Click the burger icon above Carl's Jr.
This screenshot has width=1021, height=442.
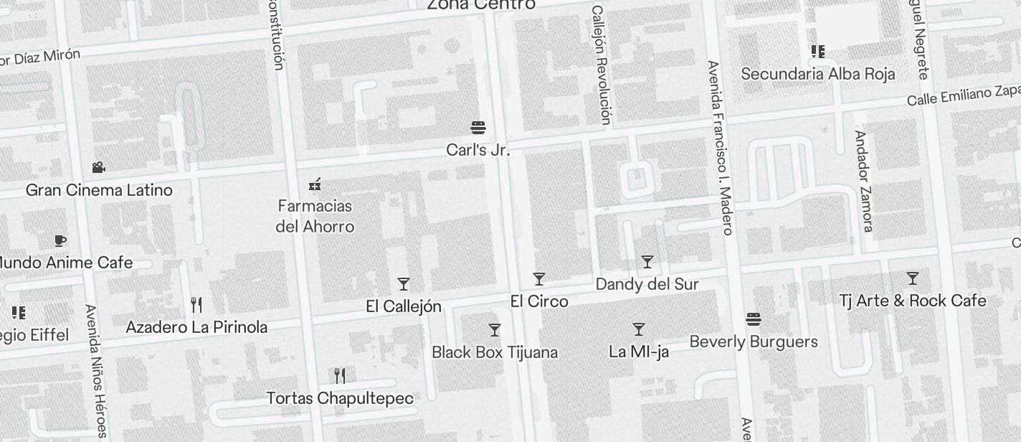(478, 128)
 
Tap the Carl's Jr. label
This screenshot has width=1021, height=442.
(478, 150)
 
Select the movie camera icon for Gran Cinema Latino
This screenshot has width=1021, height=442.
(98, 168)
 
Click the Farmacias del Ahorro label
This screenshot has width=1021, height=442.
(315, 216)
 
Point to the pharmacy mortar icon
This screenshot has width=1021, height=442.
(314, 185)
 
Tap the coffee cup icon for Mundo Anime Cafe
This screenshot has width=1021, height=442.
(60, 240)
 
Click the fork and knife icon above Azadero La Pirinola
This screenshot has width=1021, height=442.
(196, 305)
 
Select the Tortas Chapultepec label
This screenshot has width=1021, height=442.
(340, 398)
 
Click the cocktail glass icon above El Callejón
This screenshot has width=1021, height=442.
(404, 284)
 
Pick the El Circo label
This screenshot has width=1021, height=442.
(539, 301)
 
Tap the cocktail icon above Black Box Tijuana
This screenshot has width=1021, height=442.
(495, 330)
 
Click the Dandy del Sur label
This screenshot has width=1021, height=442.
(647, 284)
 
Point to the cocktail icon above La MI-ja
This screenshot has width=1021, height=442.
(639, 329)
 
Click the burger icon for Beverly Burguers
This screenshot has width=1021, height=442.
(753, 319)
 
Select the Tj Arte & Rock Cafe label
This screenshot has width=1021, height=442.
(912, 301)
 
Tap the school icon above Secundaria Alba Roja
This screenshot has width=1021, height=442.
(817, 52)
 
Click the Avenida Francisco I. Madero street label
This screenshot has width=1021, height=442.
(720, 147)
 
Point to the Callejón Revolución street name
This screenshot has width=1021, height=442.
(602, 65)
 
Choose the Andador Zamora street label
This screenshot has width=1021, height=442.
(863, 181)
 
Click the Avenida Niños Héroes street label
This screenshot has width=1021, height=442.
(95, 371)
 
